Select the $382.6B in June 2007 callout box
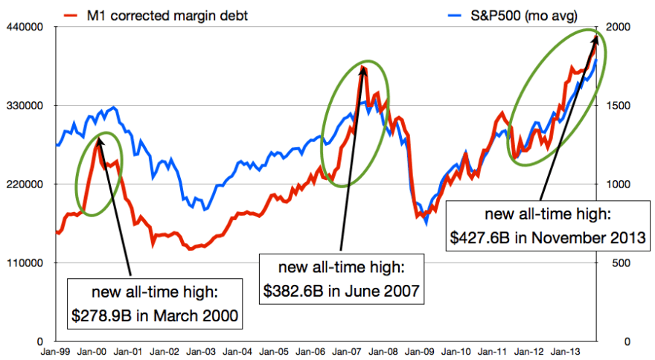click(341, 279)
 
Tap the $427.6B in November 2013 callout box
click(547, 226)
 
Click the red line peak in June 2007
click(362, 67)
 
